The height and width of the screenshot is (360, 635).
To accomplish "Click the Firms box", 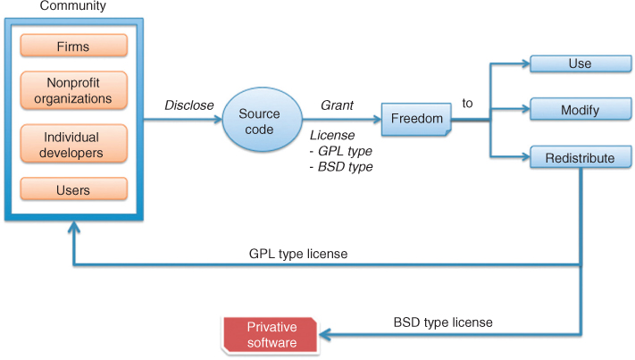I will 73,46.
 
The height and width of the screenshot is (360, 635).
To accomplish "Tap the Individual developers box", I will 73,146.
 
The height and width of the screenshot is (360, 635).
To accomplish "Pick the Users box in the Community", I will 73,188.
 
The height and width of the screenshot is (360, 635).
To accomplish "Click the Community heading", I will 73,7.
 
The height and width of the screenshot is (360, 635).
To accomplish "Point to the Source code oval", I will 260,121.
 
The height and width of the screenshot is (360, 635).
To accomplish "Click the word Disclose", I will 188,105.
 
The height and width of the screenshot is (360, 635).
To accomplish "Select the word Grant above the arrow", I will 338,105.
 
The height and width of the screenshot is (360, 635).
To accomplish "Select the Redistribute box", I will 580,158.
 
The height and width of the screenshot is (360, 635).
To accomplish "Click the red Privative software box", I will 272,334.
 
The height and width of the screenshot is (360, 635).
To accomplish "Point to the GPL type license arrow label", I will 297,254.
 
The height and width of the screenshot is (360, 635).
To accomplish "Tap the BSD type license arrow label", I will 443,322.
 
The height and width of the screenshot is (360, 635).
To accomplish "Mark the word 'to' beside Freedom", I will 467,104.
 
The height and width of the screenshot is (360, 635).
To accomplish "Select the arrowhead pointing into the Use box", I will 525,64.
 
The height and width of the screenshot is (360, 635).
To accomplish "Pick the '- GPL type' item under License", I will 340,151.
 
